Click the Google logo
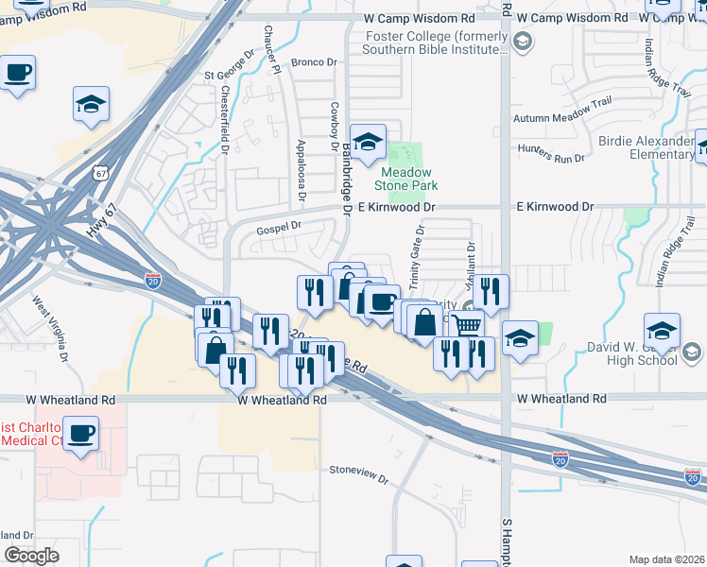(x=31, y=555)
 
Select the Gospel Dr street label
(x=278, y=227)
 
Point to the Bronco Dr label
(x=314, y=62)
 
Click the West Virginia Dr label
(x=51, y=330)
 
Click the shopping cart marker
(x=467, y=325)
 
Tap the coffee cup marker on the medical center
(x=82, y=434)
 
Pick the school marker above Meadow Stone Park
(x=369, y=143)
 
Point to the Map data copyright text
(x=665, y=559)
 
